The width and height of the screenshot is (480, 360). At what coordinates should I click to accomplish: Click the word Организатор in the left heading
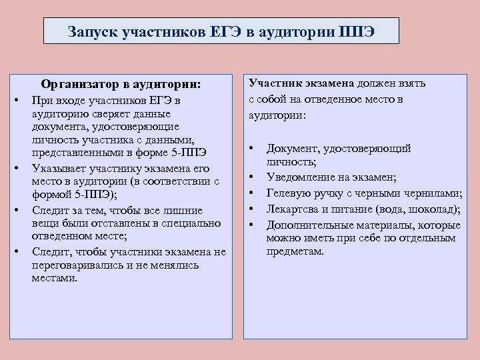77,85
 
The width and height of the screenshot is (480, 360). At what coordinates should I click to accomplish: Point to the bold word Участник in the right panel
273,83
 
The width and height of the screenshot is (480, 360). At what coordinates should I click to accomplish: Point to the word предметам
295,252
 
